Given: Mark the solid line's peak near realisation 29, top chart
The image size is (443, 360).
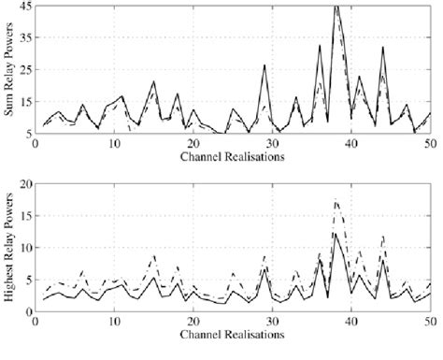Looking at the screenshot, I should [264, 65].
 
